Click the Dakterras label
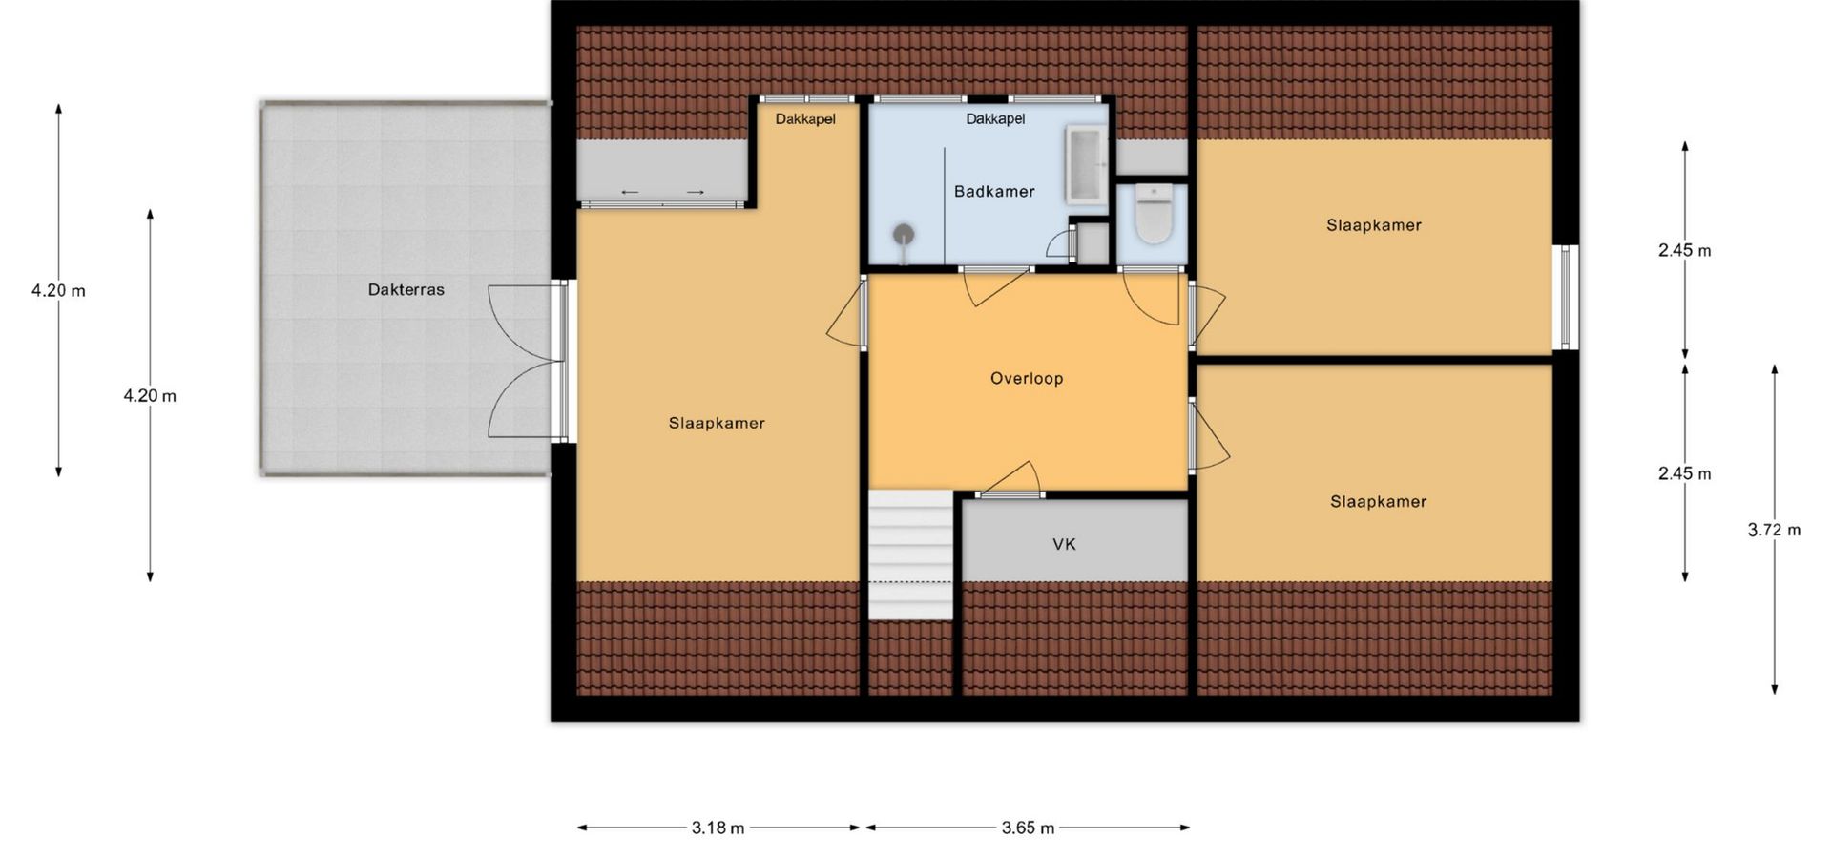click(x=406, y=290)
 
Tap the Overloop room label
click(x=1027, y=379)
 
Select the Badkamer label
click(x=994, y=192)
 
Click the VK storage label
click(x=1064, y=545)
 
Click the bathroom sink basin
click(x=1085, y=163)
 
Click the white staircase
click(x=910, y=555)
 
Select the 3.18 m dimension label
click(x=718, y=828)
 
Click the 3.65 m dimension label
click(x=1028, y=828)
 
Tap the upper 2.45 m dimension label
click(x=1684, y=251)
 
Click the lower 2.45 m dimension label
click(x=1684, y=474)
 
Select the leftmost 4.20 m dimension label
click(x=58, y=291)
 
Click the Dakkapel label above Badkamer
click(x=995, y=119)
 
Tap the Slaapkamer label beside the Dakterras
click(x=717, y=424)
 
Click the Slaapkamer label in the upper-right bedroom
click(x=1374, y=226)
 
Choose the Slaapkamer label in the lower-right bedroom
click(x=1379, y=502)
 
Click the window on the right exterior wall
click(x=1565, y=297)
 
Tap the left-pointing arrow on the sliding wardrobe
click(x=630, y=193)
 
